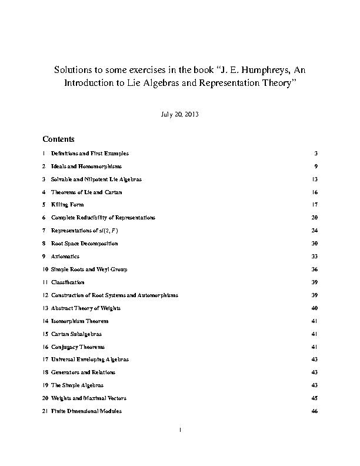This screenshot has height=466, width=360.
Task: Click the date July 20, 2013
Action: coord(179,114)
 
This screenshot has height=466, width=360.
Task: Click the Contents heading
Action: coord(58,139)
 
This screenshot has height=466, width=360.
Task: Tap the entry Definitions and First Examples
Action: coord(89,153)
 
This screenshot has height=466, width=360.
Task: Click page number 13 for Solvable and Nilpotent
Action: coord(315,179)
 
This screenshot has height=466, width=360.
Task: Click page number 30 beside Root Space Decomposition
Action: coord(315,244)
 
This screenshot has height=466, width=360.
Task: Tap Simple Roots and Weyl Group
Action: coord(89,269)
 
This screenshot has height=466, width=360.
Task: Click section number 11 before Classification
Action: coord(45,282)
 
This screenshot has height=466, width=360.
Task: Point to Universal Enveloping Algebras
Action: coord(90,359)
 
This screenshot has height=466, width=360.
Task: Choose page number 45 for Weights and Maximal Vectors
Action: coord(315,398)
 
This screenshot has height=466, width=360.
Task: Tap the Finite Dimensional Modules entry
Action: coord(86,411)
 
